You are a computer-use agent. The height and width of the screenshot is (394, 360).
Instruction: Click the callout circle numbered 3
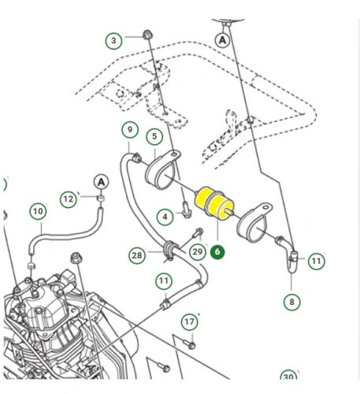[113, 39]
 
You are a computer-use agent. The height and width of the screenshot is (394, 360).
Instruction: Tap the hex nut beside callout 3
[147, 35]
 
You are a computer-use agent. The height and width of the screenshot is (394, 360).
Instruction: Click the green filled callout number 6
[217, 252]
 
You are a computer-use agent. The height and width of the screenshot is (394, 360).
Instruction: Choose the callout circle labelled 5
[154, 137]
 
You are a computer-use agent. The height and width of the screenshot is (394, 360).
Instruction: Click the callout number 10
[38, 211]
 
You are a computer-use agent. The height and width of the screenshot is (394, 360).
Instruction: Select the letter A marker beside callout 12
[101, 183]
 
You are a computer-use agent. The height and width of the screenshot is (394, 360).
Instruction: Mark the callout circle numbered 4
[165, 216]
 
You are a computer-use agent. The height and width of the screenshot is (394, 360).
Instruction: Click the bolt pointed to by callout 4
[185, 210]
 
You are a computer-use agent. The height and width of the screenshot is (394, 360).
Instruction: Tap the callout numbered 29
[198, 252]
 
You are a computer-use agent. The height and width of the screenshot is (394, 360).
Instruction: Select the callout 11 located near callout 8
[317, 261]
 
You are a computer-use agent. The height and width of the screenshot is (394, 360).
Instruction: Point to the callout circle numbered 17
[189, 322]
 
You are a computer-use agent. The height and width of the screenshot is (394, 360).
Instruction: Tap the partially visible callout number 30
[288, 378]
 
